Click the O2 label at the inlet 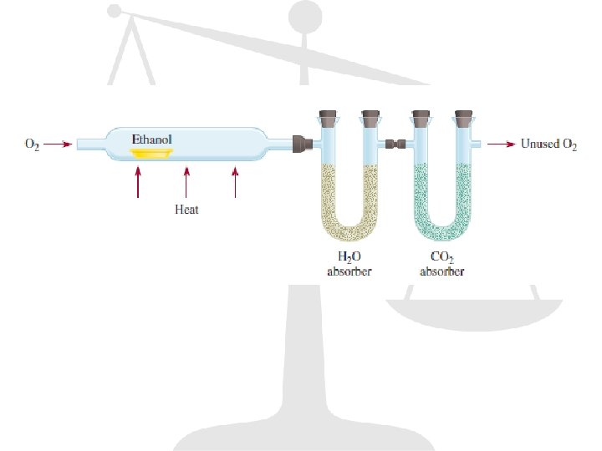(x=32, y=144)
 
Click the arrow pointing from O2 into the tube (x=58, y=144)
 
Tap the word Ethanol (x=151, y=138)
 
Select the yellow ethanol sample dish (x=151, y=153)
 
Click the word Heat (x=186, y=210)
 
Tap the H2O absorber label (x=349, y=264)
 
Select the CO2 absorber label (x=441, y=264)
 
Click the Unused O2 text (x=548, y=144)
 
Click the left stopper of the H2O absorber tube (x=326, y=116)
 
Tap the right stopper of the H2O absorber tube (x=370, y=116)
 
